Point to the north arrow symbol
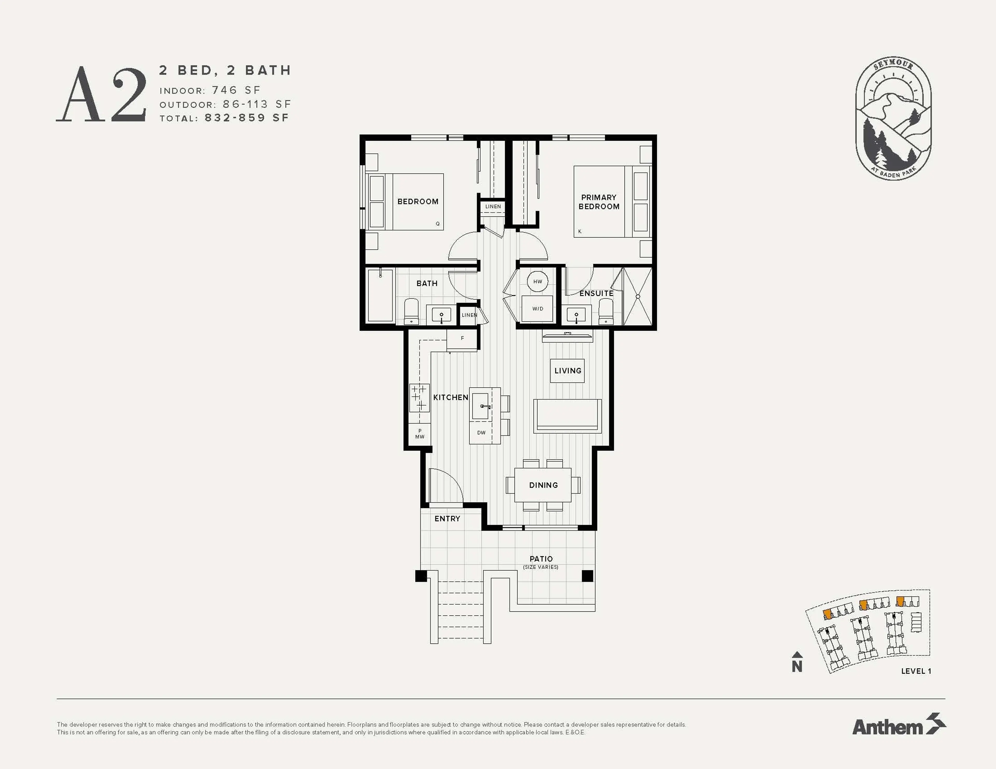coord(797,662)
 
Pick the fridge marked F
coord(462,339)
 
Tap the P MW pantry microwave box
coord(420,434)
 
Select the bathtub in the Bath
coord(380,295)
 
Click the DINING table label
coord(543,485)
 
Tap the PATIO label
coord(541,559)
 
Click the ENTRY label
coord(447,519)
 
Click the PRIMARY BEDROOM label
coord(599,202)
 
